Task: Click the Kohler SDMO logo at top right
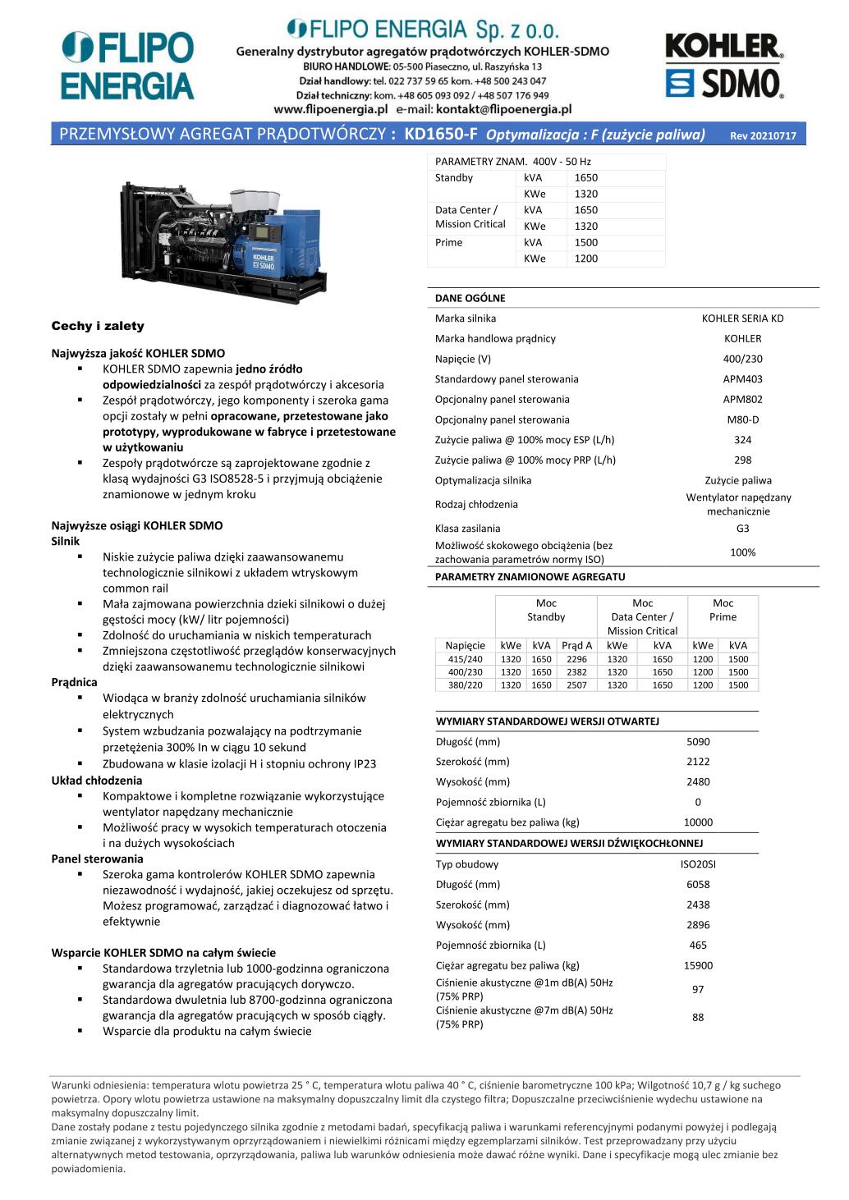(x=723, y=66)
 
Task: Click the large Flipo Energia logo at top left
(x=127, y=66)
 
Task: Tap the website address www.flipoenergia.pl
(x=330, y=109)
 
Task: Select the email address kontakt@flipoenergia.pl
(x=503, y=109)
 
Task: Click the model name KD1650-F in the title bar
(x=440, y=135)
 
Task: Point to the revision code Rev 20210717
(x=763, y=136)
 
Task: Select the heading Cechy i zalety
(x=98, y=326)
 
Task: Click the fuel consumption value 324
(x=742, y=440)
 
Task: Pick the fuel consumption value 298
(x=742, y=460)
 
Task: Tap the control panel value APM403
(x=742, y=379)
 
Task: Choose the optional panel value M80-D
(x=742, y=419)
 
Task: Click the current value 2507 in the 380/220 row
(x=576, y=685)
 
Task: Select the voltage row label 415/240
(x=466, y=659)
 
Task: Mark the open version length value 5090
(x=698, y=741)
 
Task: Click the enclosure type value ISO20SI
(x=698, y=864)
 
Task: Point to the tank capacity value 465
(x=698, y=946)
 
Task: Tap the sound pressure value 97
(x=698, y=990)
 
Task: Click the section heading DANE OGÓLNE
(x=470, y=298)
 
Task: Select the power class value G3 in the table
(x=742, y=529)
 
